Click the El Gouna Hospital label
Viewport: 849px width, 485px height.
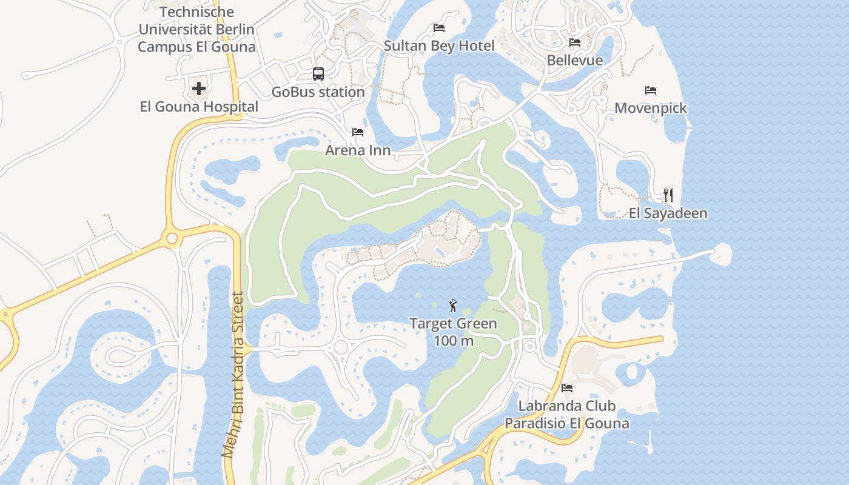pos(199,107)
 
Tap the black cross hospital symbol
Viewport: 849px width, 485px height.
pos(199,89)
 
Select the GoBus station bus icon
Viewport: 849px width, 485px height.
pos(318,74)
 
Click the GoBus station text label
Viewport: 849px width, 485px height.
pos(318,92)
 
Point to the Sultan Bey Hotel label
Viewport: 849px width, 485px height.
pos(439,46)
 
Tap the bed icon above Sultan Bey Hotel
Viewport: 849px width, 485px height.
pos(439,28)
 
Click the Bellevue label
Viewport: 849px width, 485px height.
pos(575,61)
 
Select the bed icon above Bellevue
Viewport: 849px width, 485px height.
pos(575,42)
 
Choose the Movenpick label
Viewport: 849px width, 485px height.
pos(651,109)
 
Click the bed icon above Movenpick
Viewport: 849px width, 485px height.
pos(651,90)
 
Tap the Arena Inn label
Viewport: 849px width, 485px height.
pos(358,150)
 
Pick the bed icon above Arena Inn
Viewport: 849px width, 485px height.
pos(358,132)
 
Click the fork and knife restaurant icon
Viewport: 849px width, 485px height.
pos(668,195)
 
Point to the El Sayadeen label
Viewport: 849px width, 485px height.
pos(668,213)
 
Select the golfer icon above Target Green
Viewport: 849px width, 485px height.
pos(453,306)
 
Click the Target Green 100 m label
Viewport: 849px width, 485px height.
pos(453,332)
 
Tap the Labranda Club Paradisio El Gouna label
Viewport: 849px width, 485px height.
pos(567,415)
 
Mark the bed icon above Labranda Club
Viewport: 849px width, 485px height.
pos(567,388)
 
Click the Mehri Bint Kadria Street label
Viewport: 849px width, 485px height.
pos(232,375)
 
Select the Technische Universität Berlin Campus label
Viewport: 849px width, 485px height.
pos(196,29)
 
